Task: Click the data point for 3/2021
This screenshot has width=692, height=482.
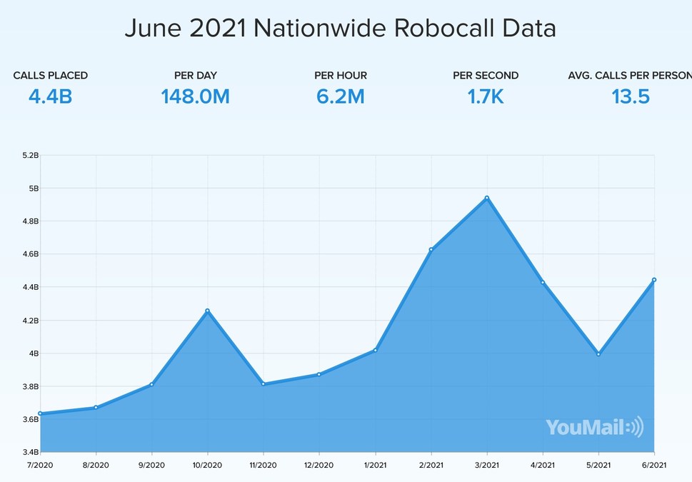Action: pyautogui.click(x=487, y=198)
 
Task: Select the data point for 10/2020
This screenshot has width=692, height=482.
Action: pyautogui.click(x=207, y=311)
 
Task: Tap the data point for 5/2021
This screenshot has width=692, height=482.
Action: pyautogui.click(x=598, y=354)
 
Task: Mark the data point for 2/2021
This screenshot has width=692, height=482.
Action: pyautogui.click(x=431, y=249)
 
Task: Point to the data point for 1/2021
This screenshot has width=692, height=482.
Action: pyautogui.click(x=375, y=350)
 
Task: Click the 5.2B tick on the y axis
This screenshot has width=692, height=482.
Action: pyautogui.click(x=30, y=156)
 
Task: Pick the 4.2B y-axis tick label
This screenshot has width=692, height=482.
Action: pyautogui.click(x=30, y=321)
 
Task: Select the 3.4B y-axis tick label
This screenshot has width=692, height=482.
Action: pyautogui.click(x=30, y=452)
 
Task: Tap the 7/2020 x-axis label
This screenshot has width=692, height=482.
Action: pyautogui.click(x=40, y=465)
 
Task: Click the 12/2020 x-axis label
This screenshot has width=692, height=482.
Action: pyautogui.click(x=319, y=465)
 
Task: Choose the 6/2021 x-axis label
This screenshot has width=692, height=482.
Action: pyautogui.click(x=654, y=465)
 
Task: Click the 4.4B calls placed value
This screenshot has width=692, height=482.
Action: pyautogui.click(x=50, y=96)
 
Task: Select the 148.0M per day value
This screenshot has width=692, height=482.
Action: pyautogui.click(x=195, y=96)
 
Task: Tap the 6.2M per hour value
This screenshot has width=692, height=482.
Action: pyautogui.click(x=341, y=96)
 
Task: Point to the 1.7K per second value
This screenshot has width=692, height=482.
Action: pyautogui.click(x=486, y=96)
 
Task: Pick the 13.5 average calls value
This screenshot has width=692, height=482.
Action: pyautogui.click(x=631, y=96)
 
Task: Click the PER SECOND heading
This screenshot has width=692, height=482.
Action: pyautogui.click(x=486, y=75)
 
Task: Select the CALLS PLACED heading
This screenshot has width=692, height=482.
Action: pyautogui.click(x=51, y=75)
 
